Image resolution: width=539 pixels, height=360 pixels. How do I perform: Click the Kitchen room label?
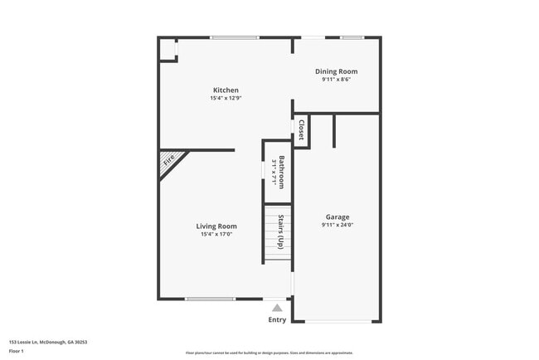[x=226, y=90]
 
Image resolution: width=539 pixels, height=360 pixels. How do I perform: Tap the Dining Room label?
[x=337, y=72]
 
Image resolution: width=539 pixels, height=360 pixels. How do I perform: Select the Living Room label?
[x=216, y=226]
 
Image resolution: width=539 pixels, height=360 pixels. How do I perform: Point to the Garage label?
[x=337, y=217]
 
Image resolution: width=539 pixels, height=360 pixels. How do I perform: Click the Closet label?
[x=301, y=131]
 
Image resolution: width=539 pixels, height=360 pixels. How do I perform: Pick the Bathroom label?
[x=282, y=172]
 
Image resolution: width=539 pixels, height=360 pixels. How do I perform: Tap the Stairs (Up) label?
[x=282, y=231]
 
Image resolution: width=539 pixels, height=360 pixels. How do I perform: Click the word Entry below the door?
[x=277, y=319]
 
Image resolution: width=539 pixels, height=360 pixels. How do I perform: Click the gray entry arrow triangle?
[x=277, y=307]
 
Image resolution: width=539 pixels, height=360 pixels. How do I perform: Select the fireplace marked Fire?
[x=169, y=161]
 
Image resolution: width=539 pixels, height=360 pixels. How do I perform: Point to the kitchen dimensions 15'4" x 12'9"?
[x=226, y=99]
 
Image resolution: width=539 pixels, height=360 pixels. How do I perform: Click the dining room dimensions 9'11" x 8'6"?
[x=337, y=80]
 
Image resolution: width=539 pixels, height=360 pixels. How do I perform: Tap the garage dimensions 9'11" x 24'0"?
[x=337, y=226]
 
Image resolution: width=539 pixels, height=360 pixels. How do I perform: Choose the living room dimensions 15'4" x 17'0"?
[x=216, y=235]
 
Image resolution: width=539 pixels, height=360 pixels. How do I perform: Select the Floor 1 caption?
[x=17, y=351]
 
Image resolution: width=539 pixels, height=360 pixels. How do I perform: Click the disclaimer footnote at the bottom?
[x=269, y=353]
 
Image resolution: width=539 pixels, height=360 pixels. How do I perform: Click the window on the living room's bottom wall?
[x=210, y=299]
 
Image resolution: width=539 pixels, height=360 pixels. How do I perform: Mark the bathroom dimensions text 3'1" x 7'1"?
[x=273, y=172]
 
